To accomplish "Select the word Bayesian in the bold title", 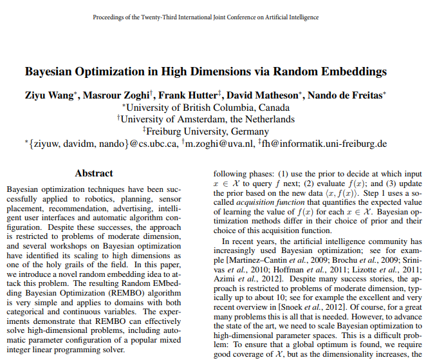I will pos(51,71).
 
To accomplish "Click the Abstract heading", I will pos(94,173).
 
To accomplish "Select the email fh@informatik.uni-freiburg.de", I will pos(324,143).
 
